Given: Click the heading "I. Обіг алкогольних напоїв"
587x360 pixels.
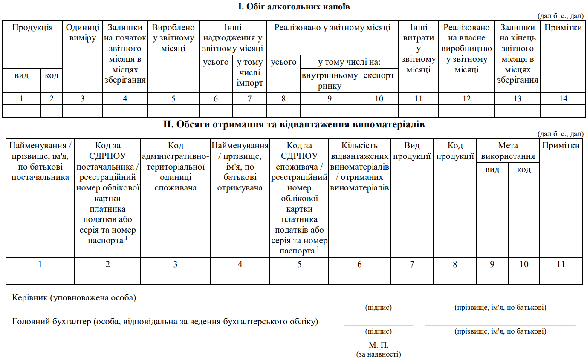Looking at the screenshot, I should (294, 7).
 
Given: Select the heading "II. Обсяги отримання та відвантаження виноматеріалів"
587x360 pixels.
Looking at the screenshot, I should (294, 125).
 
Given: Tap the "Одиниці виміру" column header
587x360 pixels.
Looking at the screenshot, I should (82, 33).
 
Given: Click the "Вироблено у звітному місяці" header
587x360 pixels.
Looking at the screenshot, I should (173, 38).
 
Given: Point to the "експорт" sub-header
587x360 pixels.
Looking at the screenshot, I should (379, 75).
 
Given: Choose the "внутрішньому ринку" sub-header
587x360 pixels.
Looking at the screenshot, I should (329, 81).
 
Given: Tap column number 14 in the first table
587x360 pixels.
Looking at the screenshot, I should (563, 99).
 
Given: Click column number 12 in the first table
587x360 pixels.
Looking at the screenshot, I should (466, 99).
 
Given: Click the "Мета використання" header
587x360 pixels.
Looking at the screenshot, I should (508, 150).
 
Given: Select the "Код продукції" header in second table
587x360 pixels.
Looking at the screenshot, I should (455, 150).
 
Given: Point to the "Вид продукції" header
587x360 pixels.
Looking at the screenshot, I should (412, 150).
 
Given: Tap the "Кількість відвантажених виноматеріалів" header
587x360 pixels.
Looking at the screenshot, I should (359, 167).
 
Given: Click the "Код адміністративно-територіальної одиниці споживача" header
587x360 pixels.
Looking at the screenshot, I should (175, 167).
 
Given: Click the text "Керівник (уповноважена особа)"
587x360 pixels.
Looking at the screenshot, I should (75, 298).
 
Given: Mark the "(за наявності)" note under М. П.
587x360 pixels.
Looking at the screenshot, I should (378, 354).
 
